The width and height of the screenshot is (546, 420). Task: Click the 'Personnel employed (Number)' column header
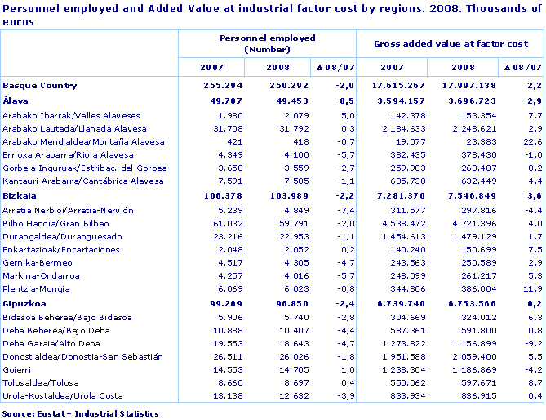pos(268,43)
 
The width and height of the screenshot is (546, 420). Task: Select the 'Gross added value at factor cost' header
pos(451,42)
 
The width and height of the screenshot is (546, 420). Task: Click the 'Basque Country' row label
pos(40,85)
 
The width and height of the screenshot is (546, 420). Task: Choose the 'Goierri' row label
pos(18,369)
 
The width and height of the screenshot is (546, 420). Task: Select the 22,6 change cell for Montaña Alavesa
pos(530,141)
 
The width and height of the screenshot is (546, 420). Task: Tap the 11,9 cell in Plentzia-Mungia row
pos(530,289)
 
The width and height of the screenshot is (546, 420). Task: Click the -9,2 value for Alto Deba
pos(530,343)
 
